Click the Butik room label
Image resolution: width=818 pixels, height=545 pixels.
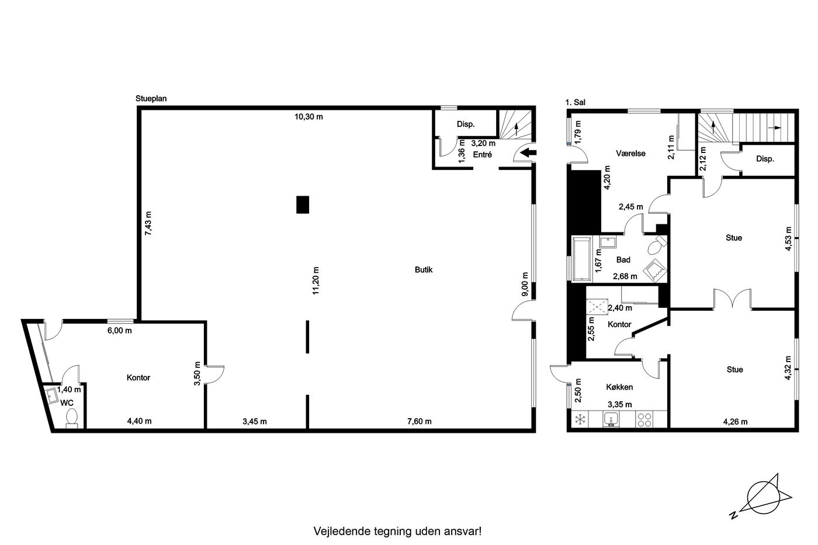424,270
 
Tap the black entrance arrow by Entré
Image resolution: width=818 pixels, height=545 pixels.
528,152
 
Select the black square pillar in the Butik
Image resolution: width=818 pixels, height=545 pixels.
303,205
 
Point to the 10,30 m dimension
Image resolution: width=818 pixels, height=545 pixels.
309,117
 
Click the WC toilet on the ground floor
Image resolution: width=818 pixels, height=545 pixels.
72,418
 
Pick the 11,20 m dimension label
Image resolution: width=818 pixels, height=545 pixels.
316,281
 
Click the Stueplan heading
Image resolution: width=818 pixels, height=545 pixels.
151,99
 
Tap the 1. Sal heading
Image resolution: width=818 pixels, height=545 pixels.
575,103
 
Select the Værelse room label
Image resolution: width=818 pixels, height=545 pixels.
630,154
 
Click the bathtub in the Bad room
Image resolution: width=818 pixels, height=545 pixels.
582,259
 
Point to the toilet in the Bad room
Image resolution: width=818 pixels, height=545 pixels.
657,245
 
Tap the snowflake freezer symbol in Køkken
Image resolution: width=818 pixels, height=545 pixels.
580,419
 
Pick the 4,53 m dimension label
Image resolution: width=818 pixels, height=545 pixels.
788,239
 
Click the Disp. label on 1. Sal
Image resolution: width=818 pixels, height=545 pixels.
765,159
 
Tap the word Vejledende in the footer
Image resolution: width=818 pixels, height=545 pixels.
341,531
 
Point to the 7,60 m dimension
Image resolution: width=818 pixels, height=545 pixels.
420,422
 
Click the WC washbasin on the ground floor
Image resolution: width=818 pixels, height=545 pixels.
51,395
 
